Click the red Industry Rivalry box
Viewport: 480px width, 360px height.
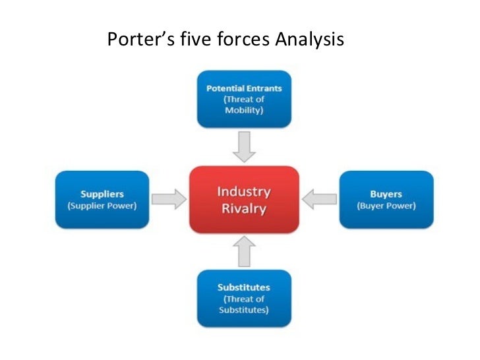tap(244, 200)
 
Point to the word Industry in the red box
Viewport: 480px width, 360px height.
tap(244, 192)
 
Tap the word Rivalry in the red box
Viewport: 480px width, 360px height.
tap(244, 209)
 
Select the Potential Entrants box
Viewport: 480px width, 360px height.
tap(244, 99)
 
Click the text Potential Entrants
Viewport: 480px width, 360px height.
tap(244, 88)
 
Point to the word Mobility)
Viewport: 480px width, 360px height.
tap(244, 110)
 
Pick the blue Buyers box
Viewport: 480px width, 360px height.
tap(386, 200)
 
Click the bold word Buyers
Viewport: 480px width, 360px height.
tap(386, 195)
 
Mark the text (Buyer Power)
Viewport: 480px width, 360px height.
tap(386, 206)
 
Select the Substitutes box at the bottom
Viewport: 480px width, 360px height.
tap(244, 298)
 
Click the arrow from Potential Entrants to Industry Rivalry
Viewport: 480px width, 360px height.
tap(245, 146)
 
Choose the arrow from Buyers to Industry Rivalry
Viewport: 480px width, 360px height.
tap(318, 199)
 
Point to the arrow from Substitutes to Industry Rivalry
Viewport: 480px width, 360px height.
tap(245, 252)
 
